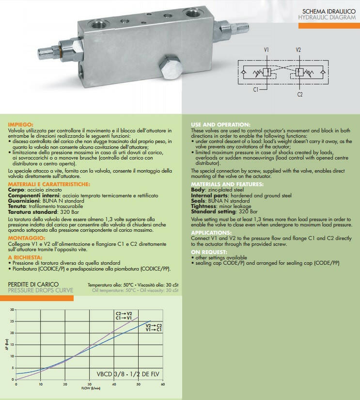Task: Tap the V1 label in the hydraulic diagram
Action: pos(267,50)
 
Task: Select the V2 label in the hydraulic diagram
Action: pos(298,50)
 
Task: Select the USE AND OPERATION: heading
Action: pos(220,125)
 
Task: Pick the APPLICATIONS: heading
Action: pos(212,232)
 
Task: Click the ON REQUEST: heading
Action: pos(209,253)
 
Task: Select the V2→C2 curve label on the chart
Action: pos(154,325)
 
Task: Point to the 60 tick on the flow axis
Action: pos(163,384)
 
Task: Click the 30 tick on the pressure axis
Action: pos(12,308)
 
